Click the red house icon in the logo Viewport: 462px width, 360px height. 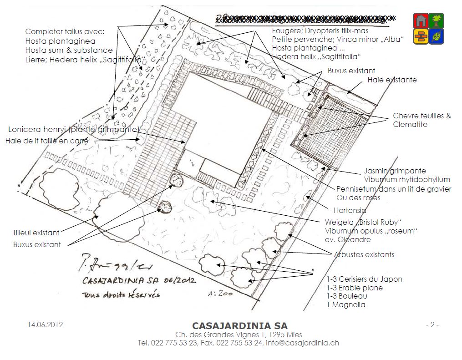tap(421, 20)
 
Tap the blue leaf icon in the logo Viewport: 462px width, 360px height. tap(437, 36)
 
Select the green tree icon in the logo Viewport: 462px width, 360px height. tap(437, 20)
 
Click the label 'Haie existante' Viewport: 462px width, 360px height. tap(392, 80)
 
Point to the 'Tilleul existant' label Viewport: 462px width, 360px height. tap(36, 233)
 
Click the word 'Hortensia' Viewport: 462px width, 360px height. tap(350, 211)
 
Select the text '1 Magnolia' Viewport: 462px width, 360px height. tap(345, 305)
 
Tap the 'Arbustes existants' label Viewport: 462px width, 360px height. tap(364, 254)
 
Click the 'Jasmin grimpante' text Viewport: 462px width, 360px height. tap(395, 171)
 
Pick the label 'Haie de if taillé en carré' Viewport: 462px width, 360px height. tap(47, 141)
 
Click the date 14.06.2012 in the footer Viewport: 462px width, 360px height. tap(45, 325)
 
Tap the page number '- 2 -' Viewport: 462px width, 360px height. tap(432, 325)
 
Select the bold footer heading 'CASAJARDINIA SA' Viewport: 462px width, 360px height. tap(240, 326)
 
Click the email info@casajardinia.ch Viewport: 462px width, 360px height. tap(302, 343)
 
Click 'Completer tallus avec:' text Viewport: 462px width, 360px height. tap(65, 32)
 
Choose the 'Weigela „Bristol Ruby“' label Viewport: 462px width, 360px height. tap(363, 222)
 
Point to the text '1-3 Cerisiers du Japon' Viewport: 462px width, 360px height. tap(364, 279)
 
